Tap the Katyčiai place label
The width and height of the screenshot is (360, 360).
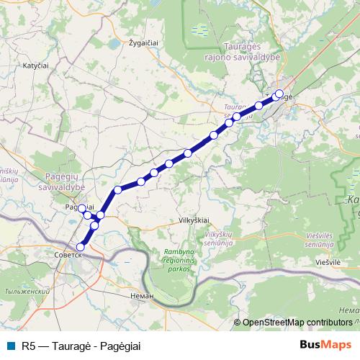click(x=36, y=66)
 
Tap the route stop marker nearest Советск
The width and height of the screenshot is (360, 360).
click(x=81, y=247)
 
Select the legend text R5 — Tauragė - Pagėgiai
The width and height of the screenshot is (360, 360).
click(x=81, y=346)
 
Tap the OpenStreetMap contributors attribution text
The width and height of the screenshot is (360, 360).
click(x=297, y=323)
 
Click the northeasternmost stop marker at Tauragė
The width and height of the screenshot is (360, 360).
click(x=279, y=94)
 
